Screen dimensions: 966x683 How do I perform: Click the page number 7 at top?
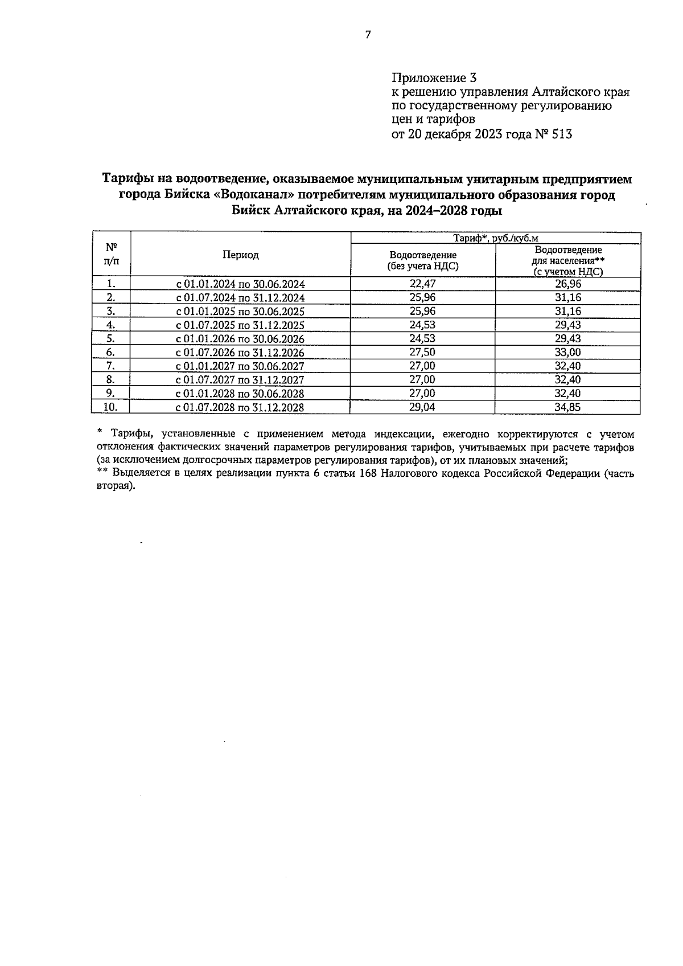click(x=368, y=35)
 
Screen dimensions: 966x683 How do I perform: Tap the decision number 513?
click(x=560, y=135)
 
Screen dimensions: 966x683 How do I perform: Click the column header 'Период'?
click(x=240, y=255)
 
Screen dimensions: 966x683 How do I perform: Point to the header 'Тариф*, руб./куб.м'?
click(x=495, y=238)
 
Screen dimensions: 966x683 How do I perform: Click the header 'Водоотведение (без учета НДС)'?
click(x=422, y=260)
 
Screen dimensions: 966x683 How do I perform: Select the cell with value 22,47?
click(x=422, y=284)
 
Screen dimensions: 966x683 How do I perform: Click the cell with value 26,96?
click(x=567, y=284)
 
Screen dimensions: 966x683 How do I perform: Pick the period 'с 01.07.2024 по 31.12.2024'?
click(x=240, y=298)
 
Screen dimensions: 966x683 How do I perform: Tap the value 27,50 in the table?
click(x=422, y=353)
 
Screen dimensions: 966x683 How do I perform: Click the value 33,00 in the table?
click(x=567, y=353)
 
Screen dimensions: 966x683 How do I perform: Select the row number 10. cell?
click(x=111, y=407)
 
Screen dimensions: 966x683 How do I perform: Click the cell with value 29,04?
click(x=422, y=407)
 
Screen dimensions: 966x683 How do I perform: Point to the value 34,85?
click(x=567, y=407)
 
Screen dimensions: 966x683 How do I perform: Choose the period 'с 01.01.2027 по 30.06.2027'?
click(x=240, y=366)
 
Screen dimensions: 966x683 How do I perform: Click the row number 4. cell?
click(x=111, y=325)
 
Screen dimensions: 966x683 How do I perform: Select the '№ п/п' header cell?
click(x=112, y=255)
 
